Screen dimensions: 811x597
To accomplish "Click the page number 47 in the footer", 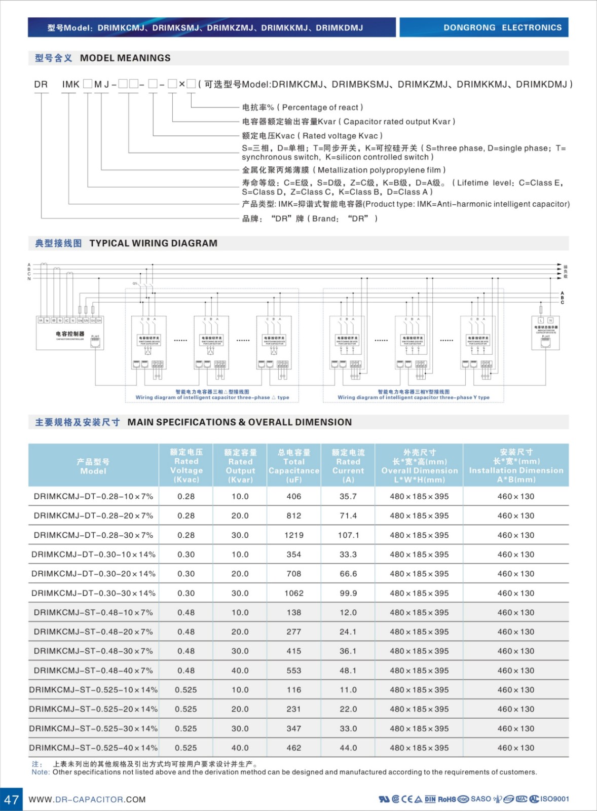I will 11,799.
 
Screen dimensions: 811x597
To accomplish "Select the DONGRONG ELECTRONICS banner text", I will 502,27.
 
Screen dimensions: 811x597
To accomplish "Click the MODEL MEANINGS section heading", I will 125,58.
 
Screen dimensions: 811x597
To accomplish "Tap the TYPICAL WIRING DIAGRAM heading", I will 153,243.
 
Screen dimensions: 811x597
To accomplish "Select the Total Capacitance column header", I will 294,465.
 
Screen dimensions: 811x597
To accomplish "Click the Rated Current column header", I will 348,465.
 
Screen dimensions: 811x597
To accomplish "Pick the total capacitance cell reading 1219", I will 294,535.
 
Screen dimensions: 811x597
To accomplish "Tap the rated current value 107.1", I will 348,535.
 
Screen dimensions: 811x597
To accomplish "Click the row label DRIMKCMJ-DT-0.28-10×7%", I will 93,497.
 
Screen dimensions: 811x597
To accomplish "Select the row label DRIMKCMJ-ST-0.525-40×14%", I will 93,748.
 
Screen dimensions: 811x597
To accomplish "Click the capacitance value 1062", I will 294,593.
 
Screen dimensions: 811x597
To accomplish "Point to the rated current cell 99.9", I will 348,593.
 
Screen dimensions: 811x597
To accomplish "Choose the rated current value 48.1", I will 348,671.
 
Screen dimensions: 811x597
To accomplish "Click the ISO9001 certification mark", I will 554,799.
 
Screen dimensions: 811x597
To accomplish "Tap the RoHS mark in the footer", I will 446,799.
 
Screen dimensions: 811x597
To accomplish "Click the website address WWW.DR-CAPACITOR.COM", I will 87,800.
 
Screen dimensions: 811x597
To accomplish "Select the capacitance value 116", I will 294,690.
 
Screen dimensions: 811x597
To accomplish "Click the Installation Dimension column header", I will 516,465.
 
